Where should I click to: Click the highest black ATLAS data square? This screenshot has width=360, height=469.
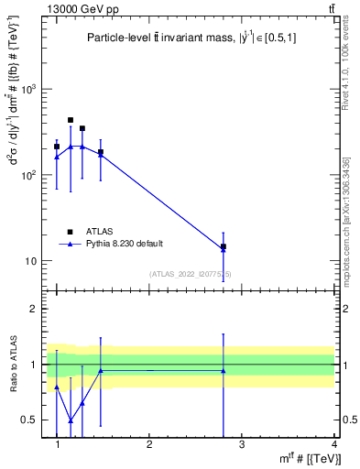71,120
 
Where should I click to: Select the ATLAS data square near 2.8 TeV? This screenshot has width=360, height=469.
224,246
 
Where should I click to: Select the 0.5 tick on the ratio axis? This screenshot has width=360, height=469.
30,420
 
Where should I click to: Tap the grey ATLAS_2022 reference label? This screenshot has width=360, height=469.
191,273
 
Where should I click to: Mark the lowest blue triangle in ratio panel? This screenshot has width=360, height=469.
71,420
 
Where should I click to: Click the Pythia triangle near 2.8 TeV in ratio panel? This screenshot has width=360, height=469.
224,371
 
